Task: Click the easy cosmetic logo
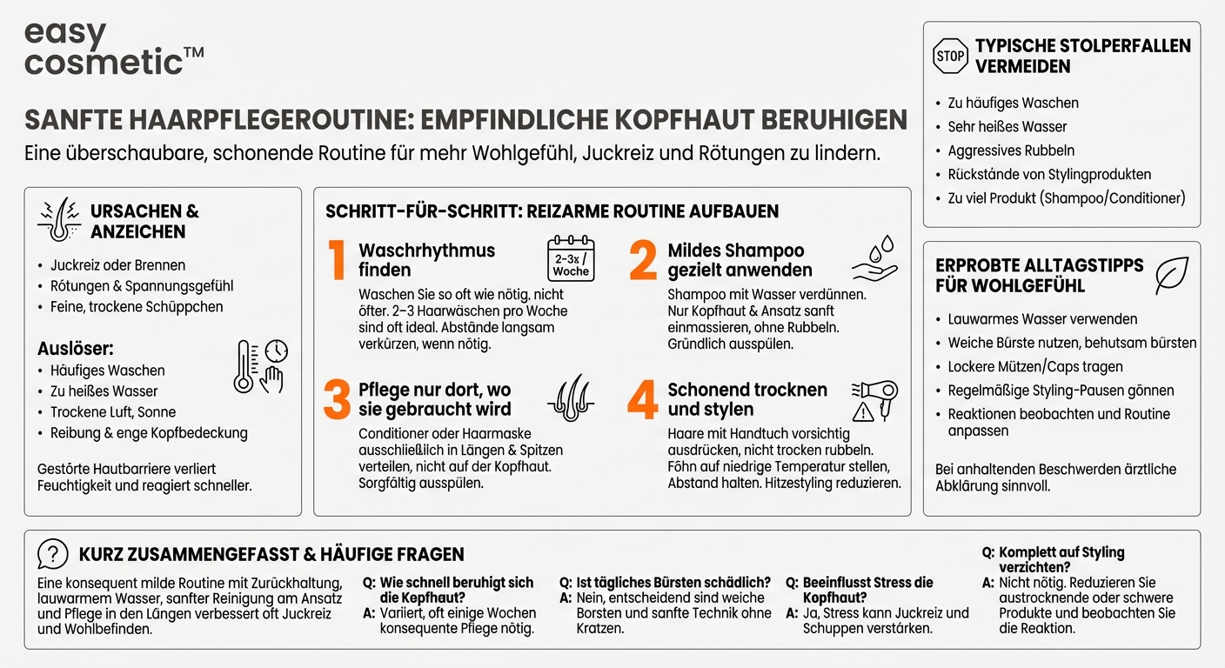coord(113,48)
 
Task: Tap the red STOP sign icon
coord(949,56)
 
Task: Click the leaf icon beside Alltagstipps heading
coord(1171,276)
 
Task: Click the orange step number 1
coord(337,261)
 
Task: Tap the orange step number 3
coord(337,399)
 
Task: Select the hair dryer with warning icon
coord(874,400)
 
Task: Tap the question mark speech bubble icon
coord(53,554)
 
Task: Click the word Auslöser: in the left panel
coord(76,349)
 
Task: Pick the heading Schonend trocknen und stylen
coord(747,399)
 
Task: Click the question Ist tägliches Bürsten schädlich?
coord(673,582)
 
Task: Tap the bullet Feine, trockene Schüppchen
coord(137,307)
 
